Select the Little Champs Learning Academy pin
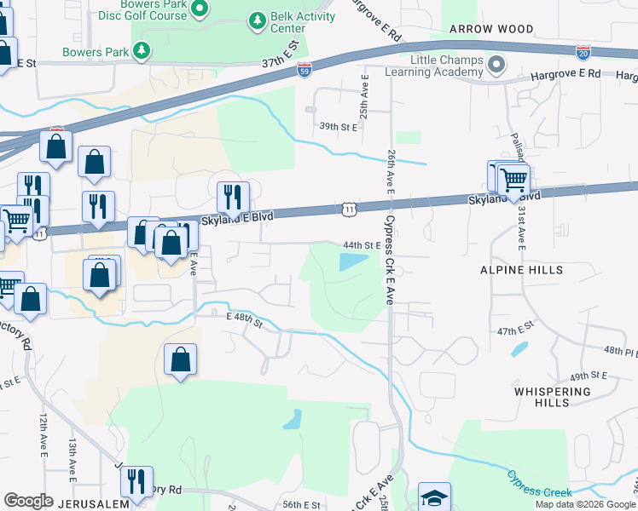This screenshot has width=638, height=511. [x=496, y=65]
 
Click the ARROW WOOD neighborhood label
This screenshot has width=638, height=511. [x=492, y=29]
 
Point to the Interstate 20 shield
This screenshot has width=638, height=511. [x=583, y=53]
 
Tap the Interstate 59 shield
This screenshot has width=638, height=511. [x=305, y=66]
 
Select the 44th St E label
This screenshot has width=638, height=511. [x=361, y=244]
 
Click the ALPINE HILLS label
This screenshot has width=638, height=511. [x=521, y=270]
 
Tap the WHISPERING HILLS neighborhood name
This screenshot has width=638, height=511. [x=552, y=399]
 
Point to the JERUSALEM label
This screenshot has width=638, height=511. [x=94, y=503]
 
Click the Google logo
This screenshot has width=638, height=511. [x=28, y=501]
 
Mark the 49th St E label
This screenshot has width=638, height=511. [x=589, y=375]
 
